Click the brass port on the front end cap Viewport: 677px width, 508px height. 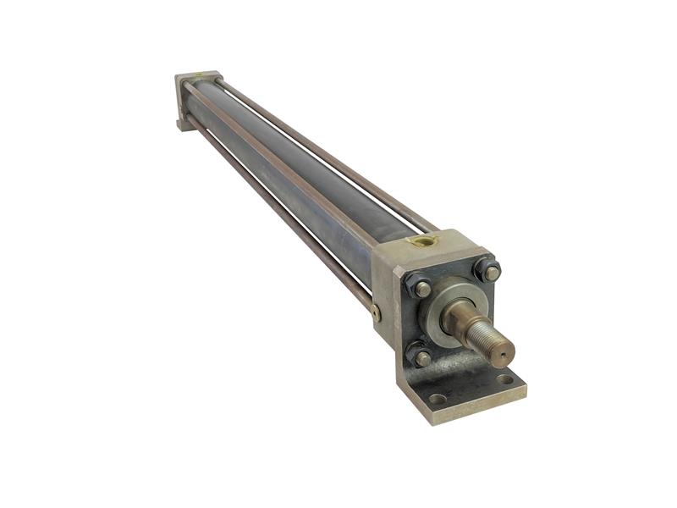(x=422, y=241)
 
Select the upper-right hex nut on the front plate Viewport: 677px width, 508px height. (x=488, y=272)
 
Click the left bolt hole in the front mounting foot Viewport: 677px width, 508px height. (x=438, y=398)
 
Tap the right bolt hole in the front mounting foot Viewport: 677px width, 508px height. (x=505, y=379)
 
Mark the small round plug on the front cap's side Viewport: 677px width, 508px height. (x=376, y=312)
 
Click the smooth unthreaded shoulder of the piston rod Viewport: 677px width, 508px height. (x=462, y=317)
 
